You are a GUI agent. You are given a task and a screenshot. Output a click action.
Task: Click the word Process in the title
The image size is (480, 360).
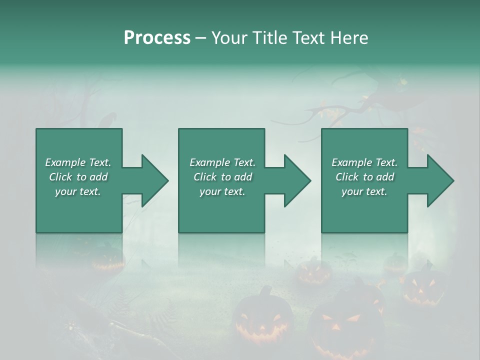click(157, 38)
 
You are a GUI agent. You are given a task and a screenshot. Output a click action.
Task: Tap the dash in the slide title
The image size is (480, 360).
click(201, 38)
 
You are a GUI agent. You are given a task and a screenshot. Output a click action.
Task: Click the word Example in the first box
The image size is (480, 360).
click(65, 162)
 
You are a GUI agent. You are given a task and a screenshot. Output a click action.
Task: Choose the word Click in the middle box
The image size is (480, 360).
click(205, 177)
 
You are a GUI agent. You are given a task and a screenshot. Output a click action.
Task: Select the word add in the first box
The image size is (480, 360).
click(98, 177)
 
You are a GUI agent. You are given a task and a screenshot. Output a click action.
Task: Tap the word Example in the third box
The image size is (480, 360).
click(351, 162)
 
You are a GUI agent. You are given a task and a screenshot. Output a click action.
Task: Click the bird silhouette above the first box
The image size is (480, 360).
click(107, 120)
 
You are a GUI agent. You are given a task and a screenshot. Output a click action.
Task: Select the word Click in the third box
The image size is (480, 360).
click(347, 177)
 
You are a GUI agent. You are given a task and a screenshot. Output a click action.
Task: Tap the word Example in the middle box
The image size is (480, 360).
click(209, 162)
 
